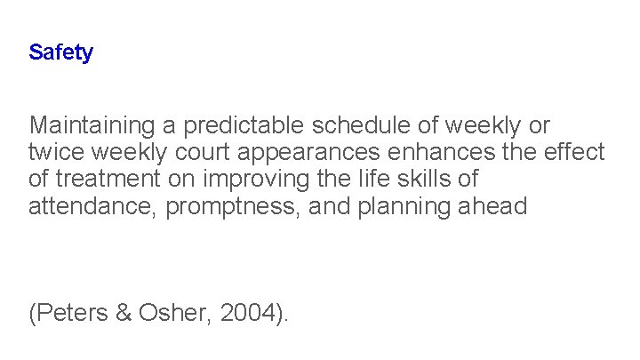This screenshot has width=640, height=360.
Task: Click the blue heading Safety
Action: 60,52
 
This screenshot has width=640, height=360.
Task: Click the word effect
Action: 575,152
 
